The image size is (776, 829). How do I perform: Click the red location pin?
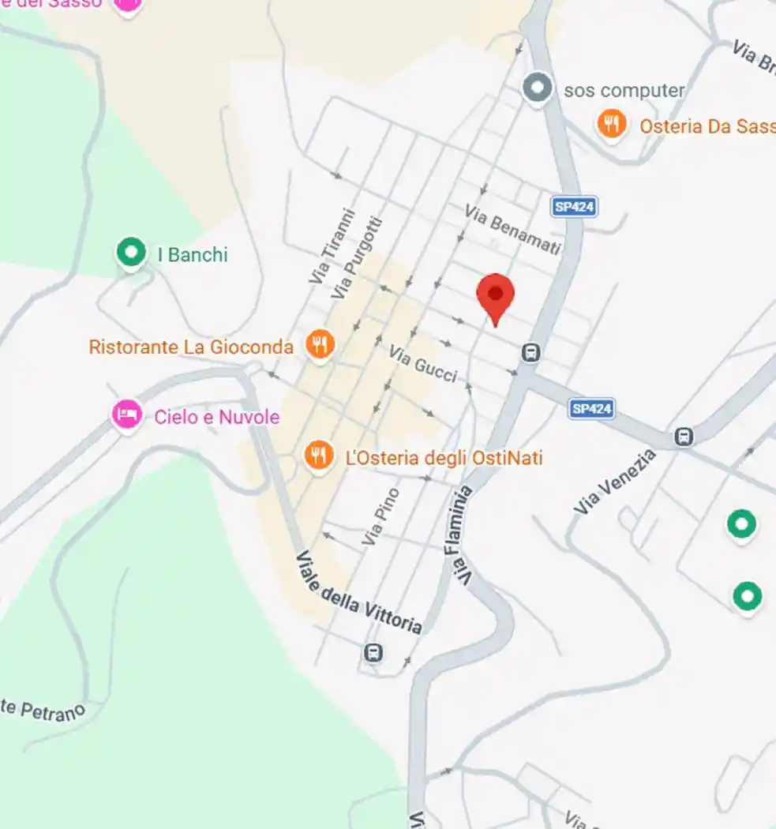tap(495, 296)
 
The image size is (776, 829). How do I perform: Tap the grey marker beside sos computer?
tap(538, 88)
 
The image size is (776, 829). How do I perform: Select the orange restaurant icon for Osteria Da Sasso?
tap(611, 123)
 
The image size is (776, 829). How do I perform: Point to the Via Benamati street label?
tap(512, 230)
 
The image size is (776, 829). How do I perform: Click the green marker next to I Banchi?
tap(131, 253)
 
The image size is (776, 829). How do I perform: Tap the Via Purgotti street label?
tap(356, 257)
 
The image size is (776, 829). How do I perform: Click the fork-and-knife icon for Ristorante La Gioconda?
tap(319, 344)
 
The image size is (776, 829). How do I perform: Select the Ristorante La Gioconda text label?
tap(191, 347)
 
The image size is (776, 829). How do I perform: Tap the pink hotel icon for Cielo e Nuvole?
tap(126, 414)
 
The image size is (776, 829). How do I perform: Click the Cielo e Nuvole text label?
tap(216, 417)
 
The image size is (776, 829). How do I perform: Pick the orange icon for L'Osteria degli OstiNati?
tap(318, 456)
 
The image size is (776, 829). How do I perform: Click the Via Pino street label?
tap(381, 516)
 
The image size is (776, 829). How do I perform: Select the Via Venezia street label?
tap(615, 482)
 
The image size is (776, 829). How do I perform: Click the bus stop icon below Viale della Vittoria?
tap(373, 653)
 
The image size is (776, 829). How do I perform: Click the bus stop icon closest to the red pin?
tap(531, 352)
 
